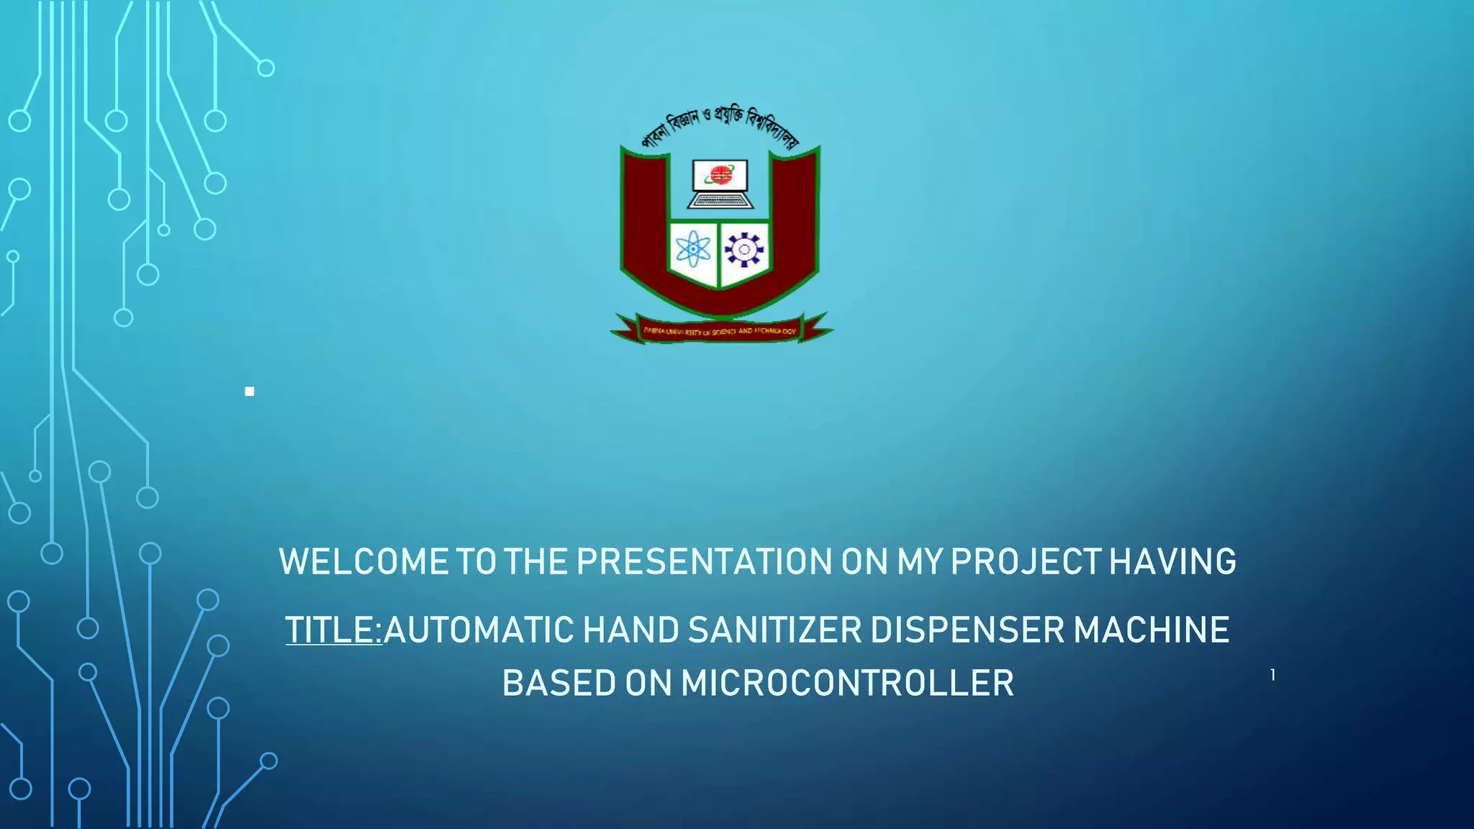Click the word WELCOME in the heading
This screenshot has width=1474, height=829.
click(x=363, y=562)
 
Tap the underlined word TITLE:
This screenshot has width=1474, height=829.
click(x=333, y=630)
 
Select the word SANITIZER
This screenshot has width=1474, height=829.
click(x=774, y=630)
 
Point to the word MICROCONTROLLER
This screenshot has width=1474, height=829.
click(x=847, y=684)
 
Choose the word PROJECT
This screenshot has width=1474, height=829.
click(x=1026, y=562)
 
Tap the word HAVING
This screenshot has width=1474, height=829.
click(x=1172, y=562)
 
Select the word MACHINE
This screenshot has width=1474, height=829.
click(x=1152, y=630)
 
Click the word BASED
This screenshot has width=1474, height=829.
click(x=559, y=684)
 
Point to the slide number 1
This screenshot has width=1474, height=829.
click(x=1272, y=675)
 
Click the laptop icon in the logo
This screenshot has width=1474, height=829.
click(x=720, y=185)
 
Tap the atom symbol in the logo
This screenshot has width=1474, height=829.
click(x=693, y=250)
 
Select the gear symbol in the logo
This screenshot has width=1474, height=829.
click(x=744, y=250)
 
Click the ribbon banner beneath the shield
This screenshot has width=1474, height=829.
click(x=720, y=330)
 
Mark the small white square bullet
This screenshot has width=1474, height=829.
click(x=249, y=391)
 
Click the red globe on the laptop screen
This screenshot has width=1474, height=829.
click(x=720, y=174)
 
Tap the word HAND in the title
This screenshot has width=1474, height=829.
click(x=630, y=630)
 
